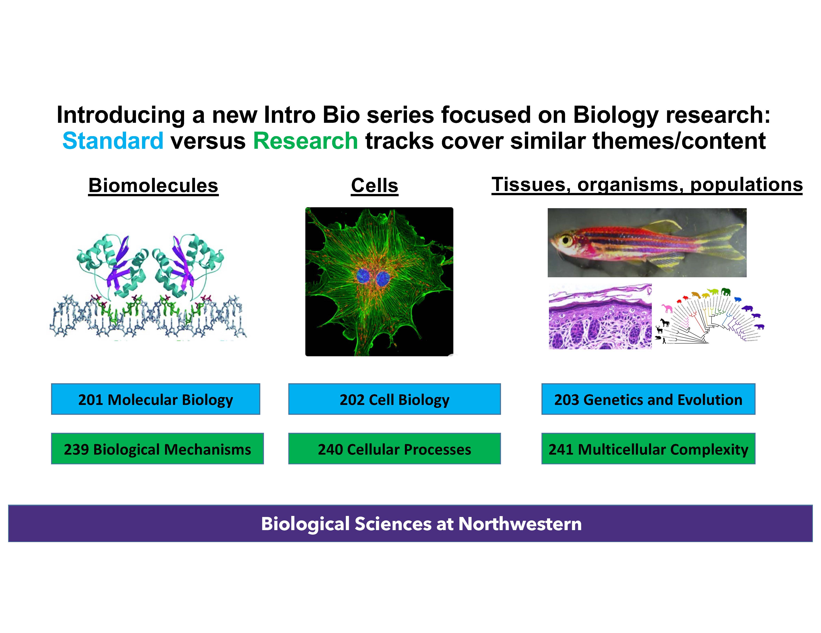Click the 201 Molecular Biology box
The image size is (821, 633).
[156, 399]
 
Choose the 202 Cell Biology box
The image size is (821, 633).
[394, 399]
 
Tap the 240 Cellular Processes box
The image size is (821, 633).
[394, 449]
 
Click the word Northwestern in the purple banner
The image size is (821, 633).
[520, 524]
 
